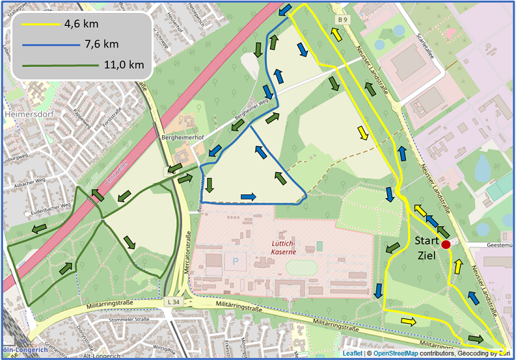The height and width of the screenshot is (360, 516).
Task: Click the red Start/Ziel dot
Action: point(445,245)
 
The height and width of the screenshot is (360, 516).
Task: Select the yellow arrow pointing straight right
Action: point(408,320)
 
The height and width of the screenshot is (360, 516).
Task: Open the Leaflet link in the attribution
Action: point(353,354)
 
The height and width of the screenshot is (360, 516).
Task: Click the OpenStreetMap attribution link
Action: point(393,354)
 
